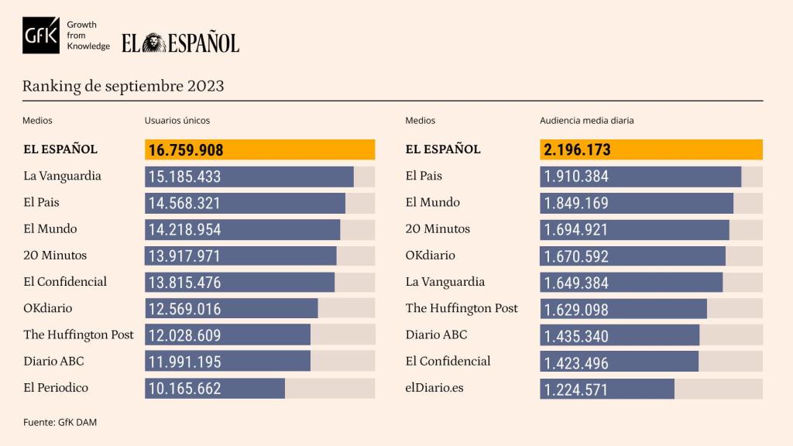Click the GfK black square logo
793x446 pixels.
click(x=41, y=36)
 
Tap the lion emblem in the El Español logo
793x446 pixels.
click(x=153, y=43)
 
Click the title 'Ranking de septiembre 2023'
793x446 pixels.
click(x=123, y=86)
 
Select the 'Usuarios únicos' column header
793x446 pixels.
click(x=177, y=121)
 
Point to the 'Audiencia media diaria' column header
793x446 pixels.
click(x=586, y=121)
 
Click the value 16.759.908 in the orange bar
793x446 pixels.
click(x=185, y=150)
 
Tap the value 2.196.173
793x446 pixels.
click(x=577, y=150)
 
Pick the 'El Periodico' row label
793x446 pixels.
click(x=56, y=387)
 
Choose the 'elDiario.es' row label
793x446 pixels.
click(x=434, y=387)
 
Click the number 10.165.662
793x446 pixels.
click(x=184, y=389)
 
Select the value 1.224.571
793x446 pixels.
click(x=576, y=389)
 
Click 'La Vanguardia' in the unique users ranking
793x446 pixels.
click(x=62, y=176)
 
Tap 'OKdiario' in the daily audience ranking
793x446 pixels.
click(x=431, y=256)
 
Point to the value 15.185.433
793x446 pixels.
click(x=184, y=177)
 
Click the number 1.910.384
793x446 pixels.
click(x=576, y=177)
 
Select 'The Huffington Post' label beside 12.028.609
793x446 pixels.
click(x=78, y=334)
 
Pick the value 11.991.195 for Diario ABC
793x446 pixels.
click(x=184, y=362)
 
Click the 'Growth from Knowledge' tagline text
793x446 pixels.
click(x=88, y=36)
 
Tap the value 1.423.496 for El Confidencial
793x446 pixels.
click(x=576, y=362)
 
